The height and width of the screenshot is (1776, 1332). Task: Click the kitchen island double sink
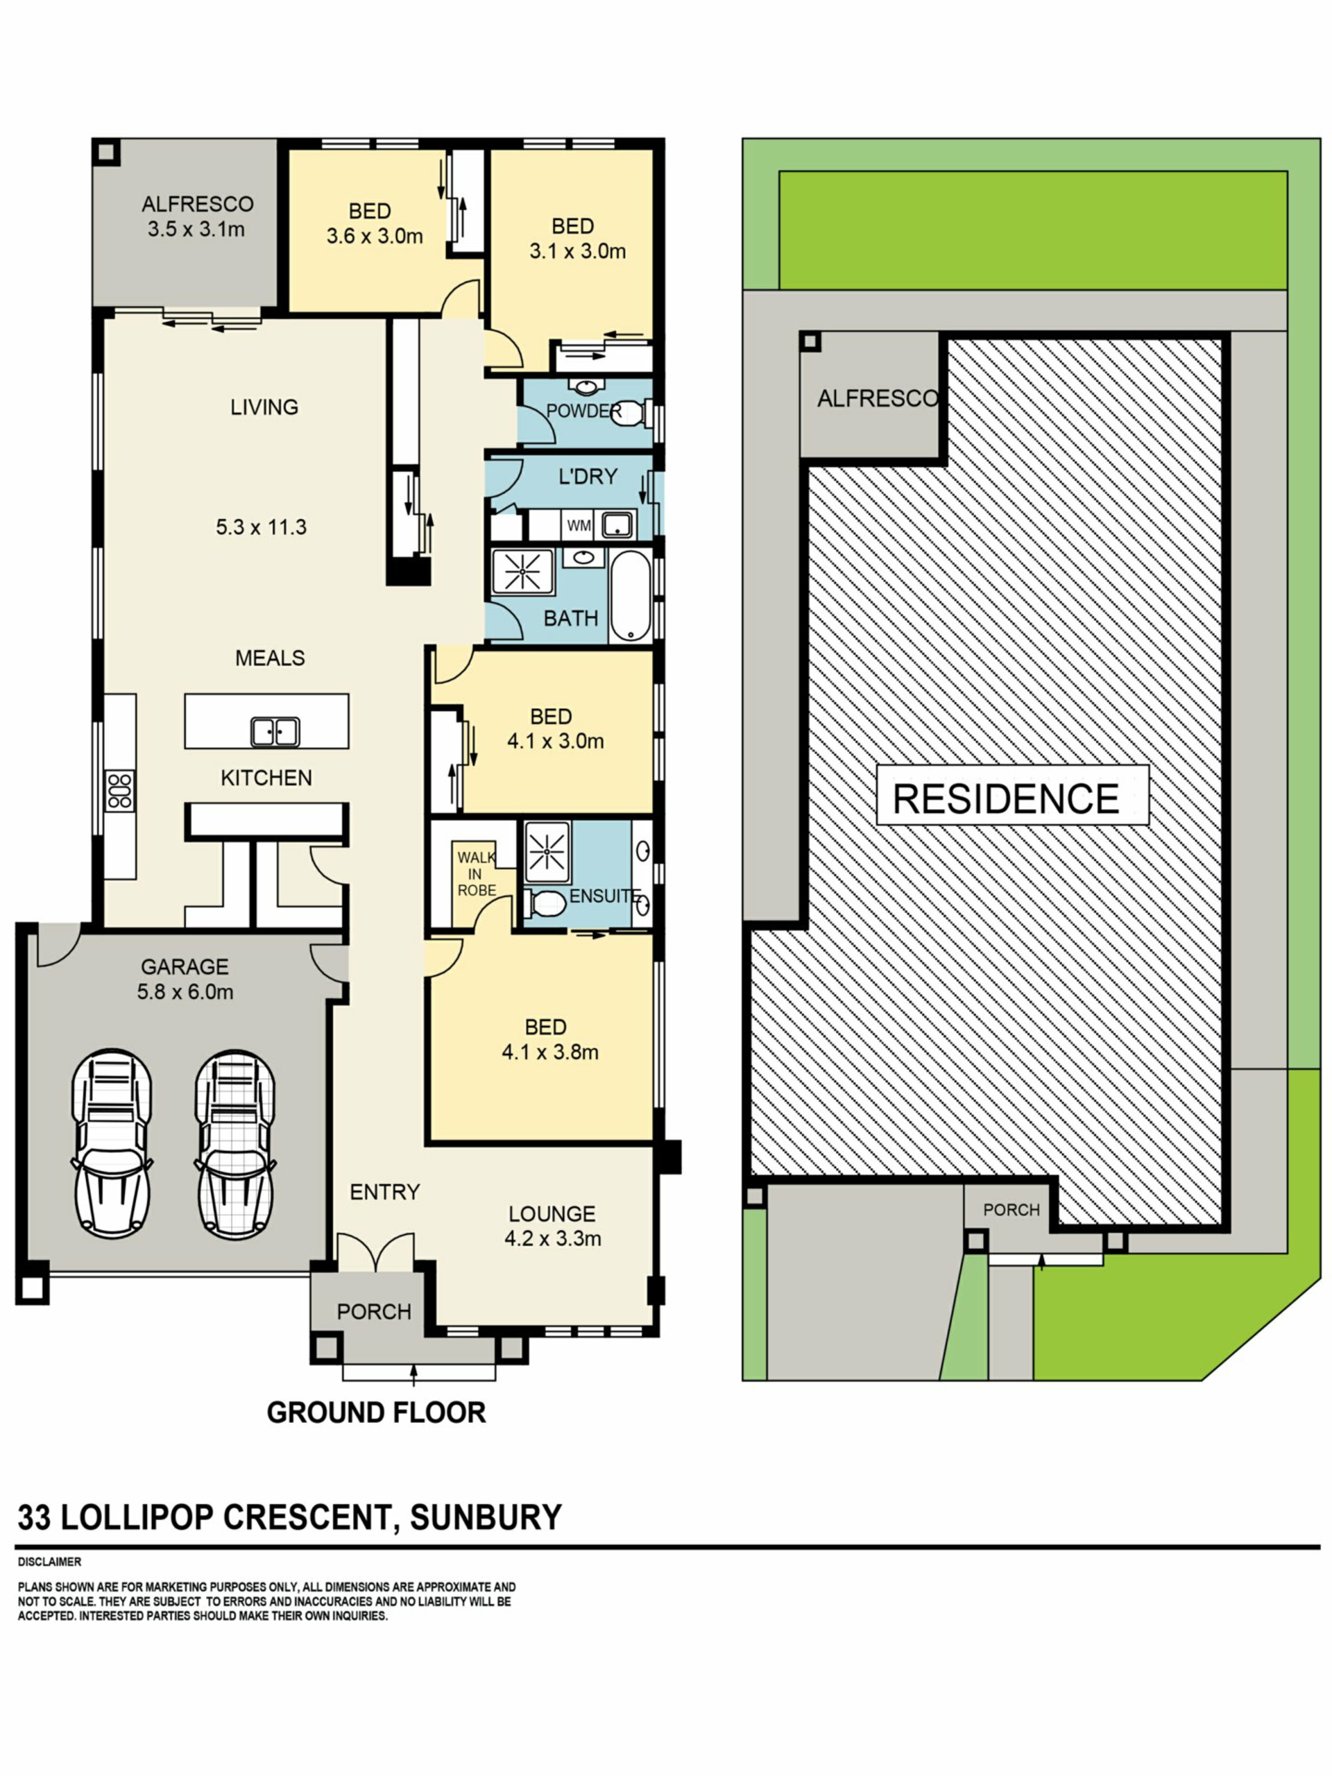pos(275,731)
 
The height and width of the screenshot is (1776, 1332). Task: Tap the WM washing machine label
pos(578,526)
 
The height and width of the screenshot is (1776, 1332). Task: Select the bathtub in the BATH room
pos(630,596)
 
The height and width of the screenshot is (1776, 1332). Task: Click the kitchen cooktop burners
pos(119,790)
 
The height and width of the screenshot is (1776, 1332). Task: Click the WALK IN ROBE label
pos(476,873)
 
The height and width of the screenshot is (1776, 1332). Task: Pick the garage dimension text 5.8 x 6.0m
pos(185,991)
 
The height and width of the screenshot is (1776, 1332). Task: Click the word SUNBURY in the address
pos(486,1517)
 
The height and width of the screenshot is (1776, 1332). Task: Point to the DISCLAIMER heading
pos(50,1562)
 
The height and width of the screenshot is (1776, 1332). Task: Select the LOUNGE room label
pos(552,1213)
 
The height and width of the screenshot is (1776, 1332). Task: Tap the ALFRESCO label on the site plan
pos(877,398)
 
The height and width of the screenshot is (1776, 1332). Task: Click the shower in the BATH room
pos(522,572)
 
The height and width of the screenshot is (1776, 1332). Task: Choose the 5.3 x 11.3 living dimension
pos(261,527)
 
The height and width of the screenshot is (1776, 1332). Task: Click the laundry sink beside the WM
pos(617,526)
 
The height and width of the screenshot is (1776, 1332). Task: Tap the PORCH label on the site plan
pos(1011,1209)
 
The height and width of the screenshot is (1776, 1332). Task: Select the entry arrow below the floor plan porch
pos(413,1375)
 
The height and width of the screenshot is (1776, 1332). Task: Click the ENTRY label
pos(384,1193)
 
